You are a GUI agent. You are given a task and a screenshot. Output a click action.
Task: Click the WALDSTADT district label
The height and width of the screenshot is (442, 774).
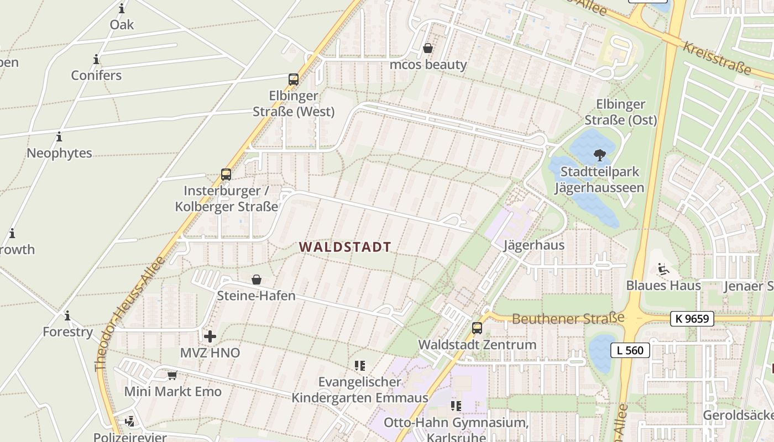[x=346, y=247]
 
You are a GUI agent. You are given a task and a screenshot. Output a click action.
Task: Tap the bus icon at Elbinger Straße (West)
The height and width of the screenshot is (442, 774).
[x=294, y=80]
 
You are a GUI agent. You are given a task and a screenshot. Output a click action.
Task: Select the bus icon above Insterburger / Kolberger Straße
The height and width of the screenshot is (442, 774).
[x=226, y=175]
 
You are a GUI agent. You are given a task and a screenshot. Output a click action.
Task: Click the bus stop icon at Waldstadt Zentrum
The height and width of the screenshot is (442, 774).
[x=477, y=328]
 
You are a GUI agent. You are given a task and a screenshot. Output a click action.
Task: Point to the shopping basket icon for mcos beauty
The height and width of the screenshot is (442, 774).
[x=427, y=48]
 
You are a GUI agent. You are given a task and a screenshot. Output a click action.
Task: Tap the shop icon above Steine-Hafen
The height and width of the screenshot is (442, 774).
[x=257, y=280]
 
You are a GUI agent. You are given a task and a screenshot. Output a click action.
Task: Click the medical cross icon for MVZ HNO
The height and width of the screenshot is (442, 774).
[x=210, y=336]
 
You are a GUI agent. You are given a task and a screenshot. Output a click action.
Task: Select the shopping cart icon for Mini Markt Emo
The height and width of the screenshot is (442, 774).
[x=172, y=375]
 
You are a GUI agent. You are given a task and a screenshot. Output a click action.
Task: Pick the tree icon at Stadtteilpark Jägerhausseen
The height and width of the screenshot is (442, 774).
[x=599, y=155]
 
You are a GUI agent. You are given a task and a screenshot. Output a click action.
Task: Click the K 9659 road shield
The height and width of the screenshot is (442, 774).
[x=692, y=318]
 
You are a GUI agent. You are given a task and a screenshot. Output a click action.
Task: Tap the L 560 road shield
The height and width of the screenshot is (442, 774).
[x=630, y=350]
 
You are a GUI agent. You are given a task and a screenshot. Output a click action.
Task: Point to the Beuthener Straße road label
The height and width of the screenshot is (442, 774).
[x=568, y=319]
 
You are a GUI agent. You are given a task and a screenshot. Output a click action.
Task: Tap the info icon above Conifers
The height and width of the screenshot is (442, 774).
[x=96, y=59]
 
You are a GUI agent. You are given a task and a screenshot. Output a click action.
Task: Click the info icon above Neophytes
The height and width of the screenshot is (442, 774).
[x=59, y=136]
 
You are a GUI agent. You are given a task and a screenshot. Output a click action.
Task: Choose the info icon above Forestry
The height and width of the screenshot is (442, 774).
[x=67, y=316]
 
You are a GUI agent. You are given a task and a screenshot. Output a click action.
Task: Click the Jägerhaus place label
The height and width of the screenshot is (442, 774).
[x=534, y=245]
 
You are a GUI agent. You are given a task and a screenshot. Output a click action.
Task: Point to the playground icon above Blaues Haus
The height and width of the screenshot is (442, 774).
[x=663, y=270]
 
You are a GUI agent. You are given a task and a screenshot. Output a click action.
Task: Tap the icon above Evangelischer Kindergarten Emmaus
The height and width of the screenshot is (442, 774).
[x=360, y=365]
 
